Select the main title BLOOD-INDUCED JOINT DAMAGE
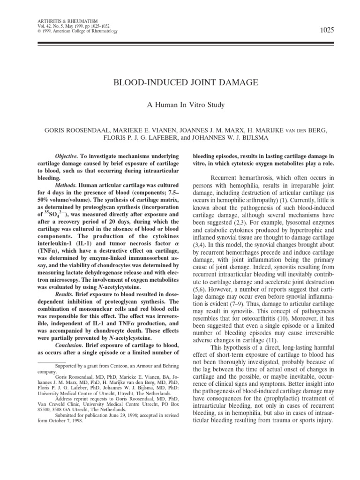tap(180, 82)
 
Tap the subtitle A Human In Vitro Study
tap(180, 105)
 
